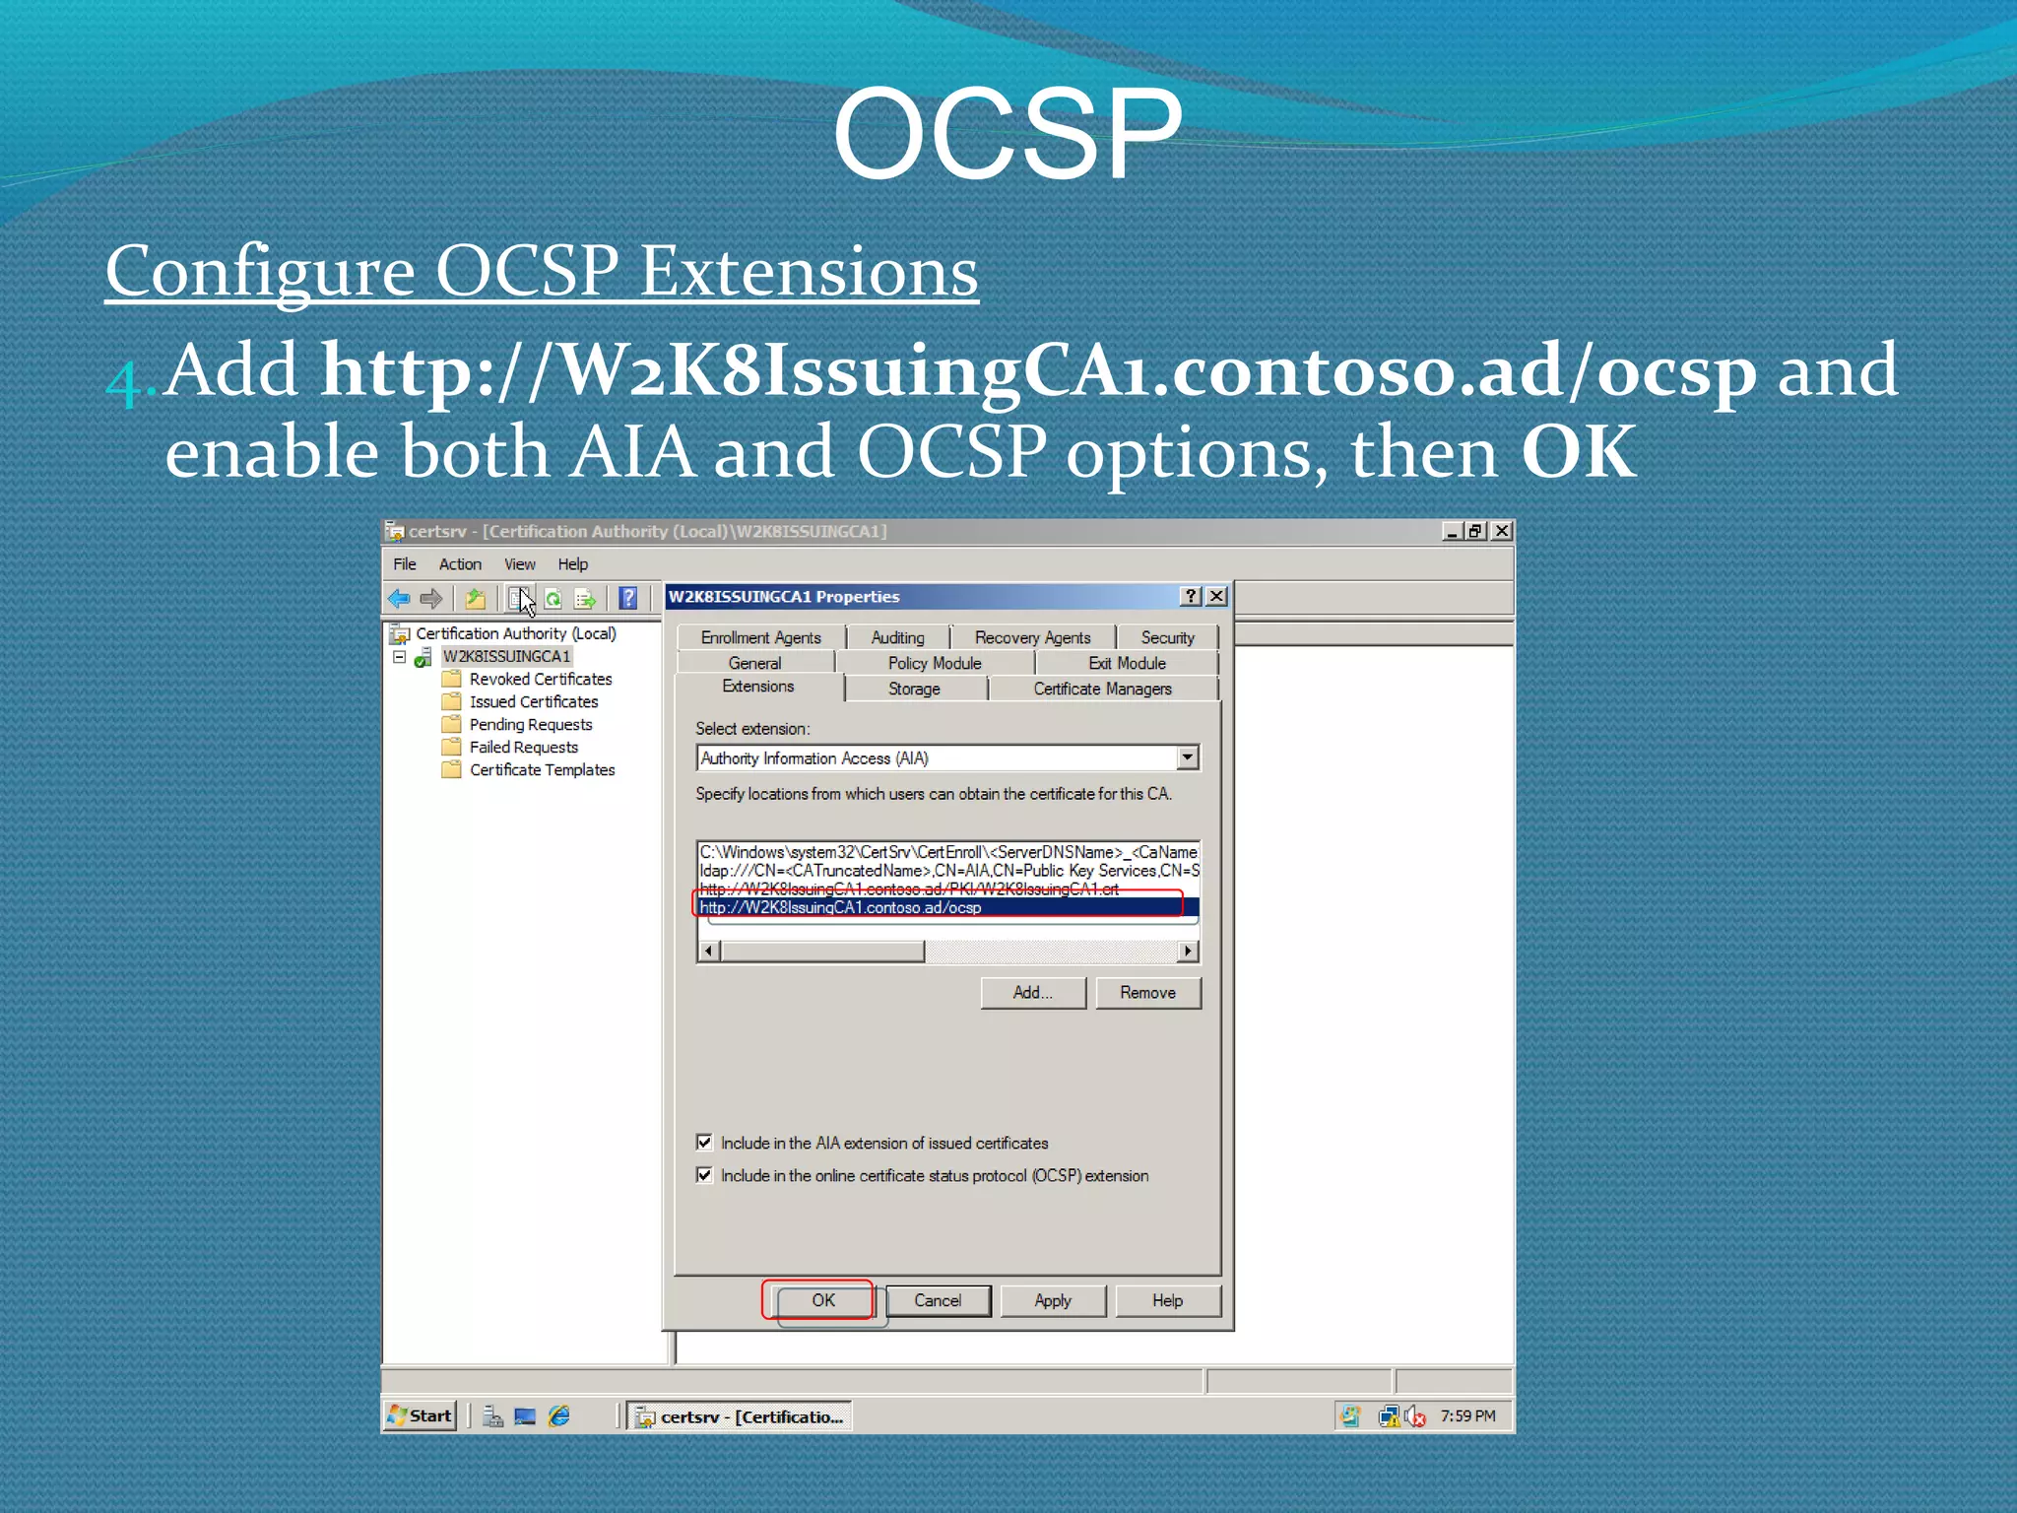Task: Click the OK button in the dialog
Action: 822,1300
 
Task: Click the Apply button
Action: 1052,1300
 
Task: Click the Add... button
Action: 1032,993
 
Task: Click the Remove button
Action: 1147,993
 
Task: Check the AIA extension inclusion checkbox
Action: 704,1143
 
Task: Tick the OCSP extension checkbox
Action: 704,1175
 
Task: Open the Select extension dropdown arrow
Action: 1188,757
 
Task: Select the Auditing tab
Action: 897,637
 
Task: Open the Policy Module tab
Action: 934,663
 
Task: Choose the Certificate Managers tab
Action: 1102,689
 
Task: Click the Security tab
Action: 1167,637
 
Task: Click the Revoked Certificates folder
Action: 540,679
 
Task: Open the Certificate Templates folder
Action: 542,769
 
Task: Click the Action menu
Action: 460,563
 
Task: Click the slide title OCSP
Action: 1007,133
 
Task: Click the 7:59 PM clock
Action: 1467,1415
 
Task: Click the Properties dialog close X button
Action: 1217,596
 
